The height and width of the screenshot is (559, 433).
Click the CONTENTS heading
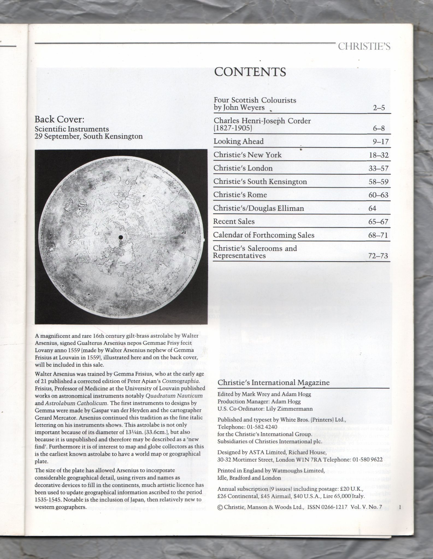click(x=250, y=72)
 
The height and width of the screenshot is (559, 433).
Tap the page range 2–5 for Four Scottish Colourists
click(x=379, y=108)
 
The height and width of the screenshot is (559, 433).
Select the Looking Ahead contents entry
click(x=238, y=141)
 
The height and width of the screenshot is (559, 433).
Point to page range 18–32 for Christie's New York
click(x=378, y=155)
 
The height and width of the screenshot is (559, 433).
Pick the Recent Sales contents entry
click(x=234, y=221)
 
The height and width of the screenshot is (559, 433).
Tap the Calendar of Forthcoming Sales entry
click(x=264, y=235)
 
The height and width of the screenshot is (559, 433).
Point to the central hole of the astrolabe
click(x=120, y=238)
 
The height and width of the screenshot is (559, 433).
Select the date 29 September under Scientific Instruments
click(x=57, y=136)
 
